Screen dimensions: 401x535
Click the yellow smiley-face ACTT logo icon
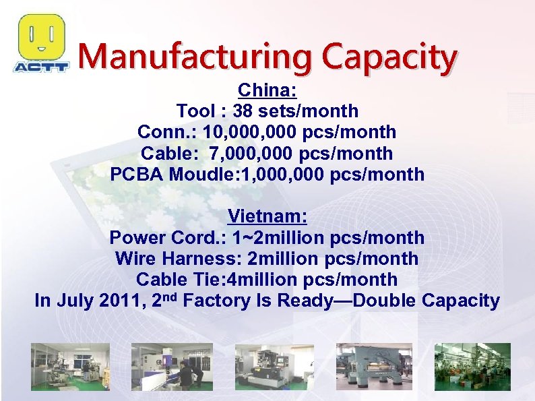pyautogui.click(x=42, y=37)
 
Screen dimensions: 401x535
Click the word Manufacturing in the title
pyautogui.click(x=195, y=58)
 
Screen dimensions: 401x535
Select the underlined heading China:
pyautogui.click(x=267, y=90)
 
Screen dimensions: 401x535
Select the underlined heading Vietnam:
pyautogui.click(x=267, y=217)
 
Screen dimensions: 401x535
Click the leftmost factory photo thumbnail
pyautogui.click(x=69, y=367)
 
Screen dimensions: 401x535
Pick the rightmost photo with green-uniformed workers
pyautogui.click(x=472, y=367)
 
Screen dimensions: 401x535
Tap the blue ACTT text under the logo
pyautogui.click(x=41, y=67)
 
